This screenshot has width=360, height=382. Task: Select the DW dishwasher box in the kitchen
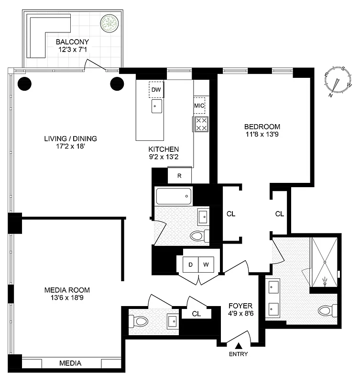[x=156, y=89]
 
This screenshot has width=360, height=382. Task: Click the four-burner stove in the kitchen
[x=201, y=124]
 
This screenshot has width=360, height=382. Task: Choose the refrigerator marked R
[x=179, y=175]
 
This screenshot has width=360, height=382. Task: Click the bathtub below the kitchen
[x=174, y=196]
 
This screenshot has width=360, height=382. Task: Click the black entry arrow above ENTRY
[x=239, y=345]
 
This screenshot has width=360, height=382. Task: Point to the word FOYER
[x=240, y=306]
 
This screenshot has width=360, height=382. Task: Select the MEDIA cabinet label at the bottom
[x=70, y=363]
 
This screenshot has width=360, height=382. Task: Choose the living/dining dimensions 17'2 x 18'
[x=70, y=147]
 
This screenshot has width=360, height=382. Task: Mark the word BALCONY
[x=70, y=41]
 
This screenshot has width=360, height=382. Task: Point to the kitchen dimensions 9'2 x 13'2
[x=164, y=156]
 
